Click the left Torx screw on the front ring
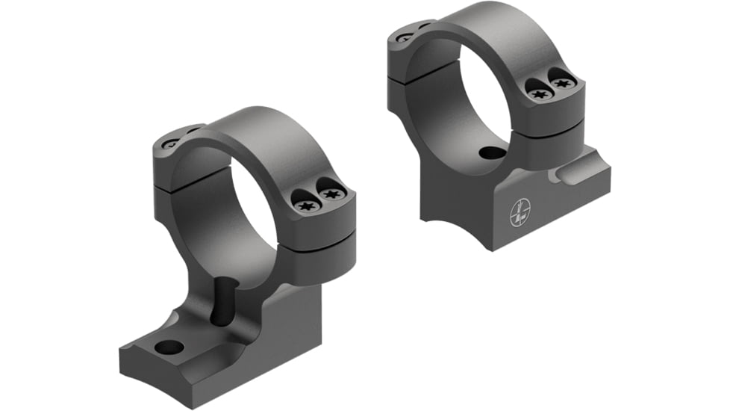pyautogui.click(x=305, y=204)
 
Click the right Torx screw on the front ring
pyautogui.click(x=331, y=196)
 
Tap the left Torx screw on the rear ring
pyautogui.click(x=537, y=93)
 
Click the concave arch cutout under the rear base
pyautogui.click(x=448, y=205)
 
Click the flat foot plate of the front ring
pyautogui.click(x=187, y=366)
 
